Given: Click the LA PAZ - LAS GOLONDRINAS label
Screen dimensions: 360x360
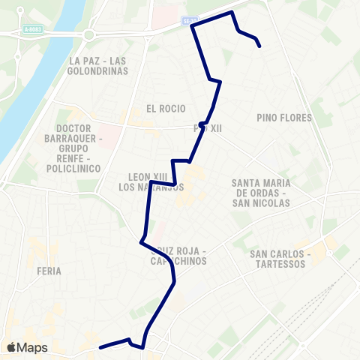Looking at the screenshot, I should point(98,65).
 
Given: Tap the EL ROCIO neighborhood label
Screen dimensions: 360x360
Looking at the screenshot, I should point(166,108).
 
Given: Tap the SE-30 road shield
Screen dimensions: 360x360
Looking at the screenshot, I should point(190,23).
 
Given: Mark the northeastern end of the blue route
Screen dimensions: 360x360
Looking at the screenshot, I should point(260,46).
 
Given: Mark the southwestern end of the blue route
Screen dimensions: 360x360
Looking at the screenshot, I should point(100,347).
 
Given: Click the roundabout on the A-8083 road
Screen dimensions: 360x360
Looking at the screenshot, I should point(90,34).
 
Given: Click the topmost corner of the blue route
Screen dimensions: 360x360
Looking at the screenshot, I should point(232,12).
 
